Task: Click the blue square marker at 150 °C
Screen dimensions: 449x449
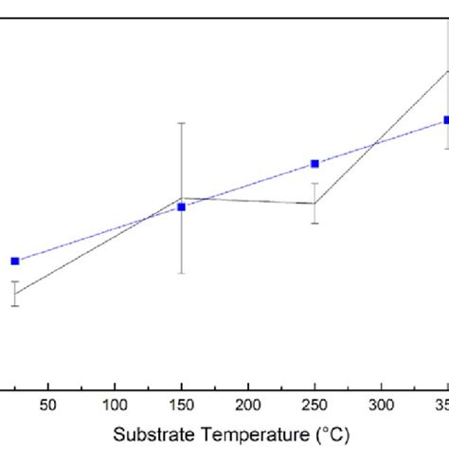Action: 181,207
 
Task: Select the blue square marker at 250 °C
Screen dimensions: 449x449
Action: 314,164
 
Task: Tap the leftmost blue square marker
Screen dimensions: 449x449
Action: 15,260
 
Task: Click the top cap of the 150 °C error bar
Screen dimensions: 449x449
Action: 181,122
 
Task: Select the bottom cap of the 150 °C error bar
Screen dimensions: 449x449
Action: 181,274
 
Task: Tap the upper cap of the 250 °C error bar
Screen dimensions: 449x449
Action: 314,183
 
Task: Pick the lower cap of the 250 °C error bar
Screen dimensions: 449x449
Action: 314,224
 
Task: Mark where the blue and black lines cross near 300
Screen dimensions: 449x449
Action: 376,144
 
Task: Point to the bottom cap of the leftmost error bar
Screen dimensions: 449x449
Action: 15,305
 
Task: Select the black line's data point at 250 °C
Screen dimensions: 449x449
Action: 314,203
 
